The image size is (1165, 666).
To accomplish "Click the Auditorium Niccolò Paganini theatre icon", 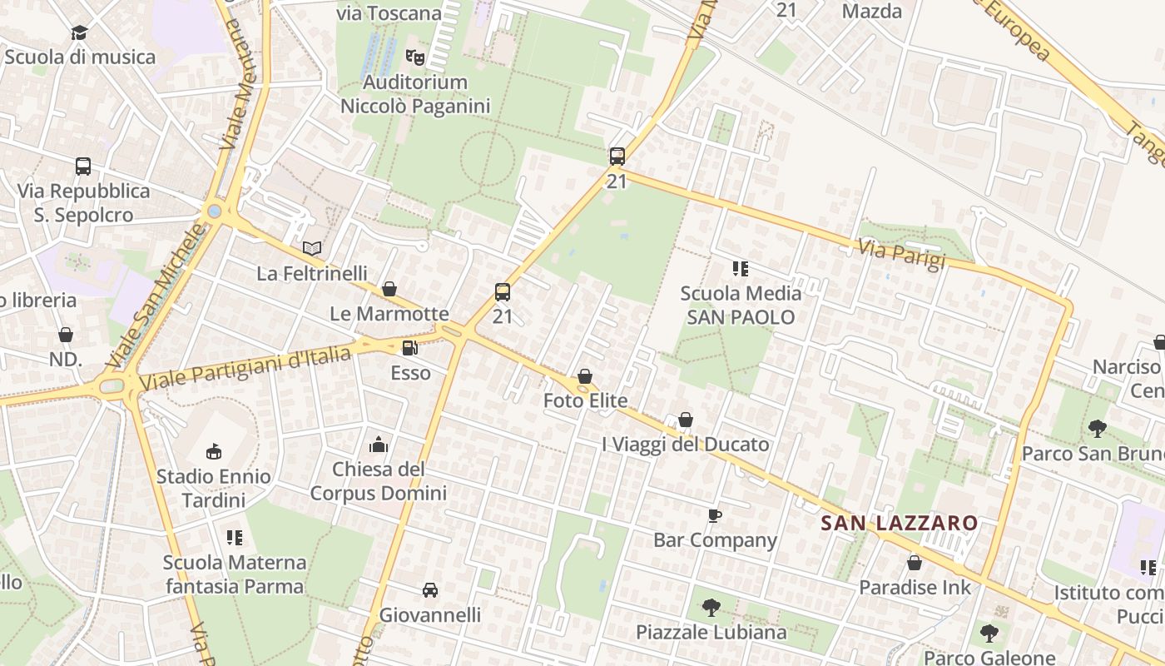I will pyautogui.click(x=414, y=57).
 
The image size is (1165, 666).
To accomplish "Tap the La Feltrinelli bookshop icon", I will pyautogui.click(x=312, y=248).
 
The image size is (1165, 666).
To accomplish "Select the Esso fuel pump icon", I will pyautogui.click(x=410, y=348).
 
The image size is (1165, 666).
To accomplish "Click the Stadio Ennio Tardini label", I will pyautogui.click(x=213, y=488).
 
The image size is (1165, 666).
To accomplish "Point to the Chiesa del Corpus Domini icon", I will pyautogui.click(x=379, y=445).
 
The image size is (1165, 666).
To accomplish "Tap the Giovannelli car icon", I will pyautogui.click(x=430, y=590).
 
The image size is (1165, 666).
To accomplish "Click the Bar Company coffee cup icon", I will pyautogui.click(x=714, y=516).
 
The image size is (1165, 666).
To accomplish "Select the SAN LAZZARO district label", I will pyautogui.click(x=899, y=523).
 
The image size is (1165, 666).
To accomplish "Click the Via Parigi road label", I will pyautogui.click(x=902, y=254).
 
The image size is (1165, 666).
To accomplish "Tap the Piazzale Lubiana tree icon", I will pyautogui.click(x=711, y=608).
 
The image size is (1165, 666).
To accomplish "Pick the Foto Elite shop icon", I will pyautogui.click(x=585, y=377).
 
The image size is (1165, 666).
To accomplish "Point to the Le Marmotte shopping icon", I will pyautogui.click(x=389, y=289).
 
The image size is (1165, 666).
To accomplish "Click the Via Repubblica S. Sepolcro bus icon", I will pyautogui.click(x=83, y=166).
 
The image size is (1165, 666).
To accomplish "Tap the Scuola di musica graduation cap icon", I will pyautogui.click(x=79, y=32).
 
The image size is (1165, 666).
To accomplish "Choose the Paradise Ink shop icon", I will pyautogui.click(x=914, y=563).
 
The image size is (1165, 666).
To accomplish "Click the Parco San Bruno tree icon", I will pyautogui.click(x=1097, y=429).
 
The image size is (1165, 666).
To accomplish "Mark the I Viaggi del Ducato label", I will pyautogui.click(x=685, y=445).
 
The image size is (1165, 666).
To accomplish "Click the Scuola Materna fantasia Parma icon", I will pyautogui.click(x=235, y=538).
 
